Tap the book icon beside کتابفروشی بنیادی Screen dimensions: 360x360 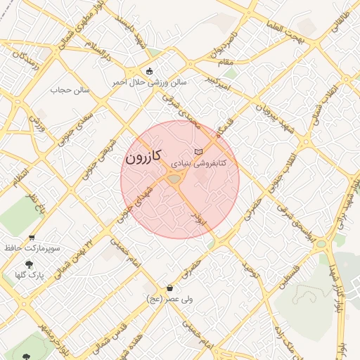click(x=199, y=152)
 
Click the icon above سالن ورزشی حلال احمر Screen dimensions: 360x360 click(x=148, y=71)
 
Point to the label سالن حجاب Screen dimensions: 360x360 click(x=70, y=90)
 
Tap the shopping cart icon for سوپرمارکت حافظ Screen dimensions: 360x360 click(x=32, y=238)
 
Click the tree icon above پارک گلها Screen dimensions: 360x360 click(x=28, y=264)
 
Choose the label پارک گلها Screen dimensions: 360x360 click(x=29, y=275)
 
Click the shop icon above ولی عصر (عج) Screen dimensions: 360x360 click(x=169, y=288)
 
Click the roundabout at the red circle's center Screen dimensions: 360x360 click(x=174, y=180)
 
